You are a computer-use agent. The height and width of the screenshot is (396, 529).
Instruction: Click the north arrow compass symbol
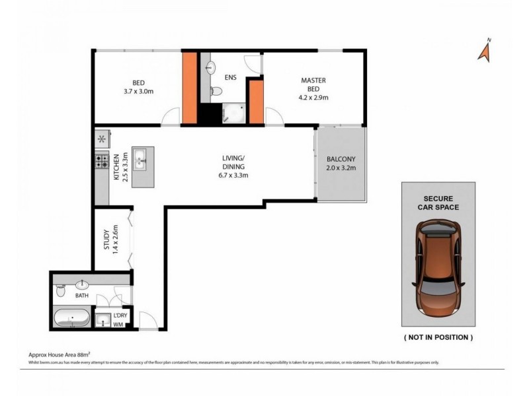[485, 49]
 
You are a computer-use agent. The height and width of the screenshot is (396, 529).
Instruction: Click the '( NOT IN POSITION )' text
[438, 337]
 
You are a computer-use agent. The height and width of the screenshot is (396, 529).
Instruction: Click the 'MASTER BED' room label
[313, 84]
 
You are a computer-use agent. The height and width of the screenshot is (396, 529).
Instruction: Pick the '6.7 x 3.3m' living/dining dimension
[233, 175]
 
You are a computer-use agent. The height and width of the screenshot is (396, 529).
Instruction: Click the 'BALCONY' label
[341, 159]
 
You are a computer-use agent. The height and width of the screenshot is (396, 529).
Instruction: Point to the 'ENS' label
[230, 77]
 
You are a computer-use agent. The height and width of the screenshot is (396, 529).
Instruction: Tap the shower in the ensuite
[233, 113]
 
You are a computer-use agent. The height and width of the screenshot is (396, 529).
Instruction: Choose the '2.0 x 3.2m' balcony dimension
[341, 168]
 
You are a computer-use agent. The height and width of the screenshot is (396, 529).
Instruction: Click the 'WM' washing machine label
[118, 324]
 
